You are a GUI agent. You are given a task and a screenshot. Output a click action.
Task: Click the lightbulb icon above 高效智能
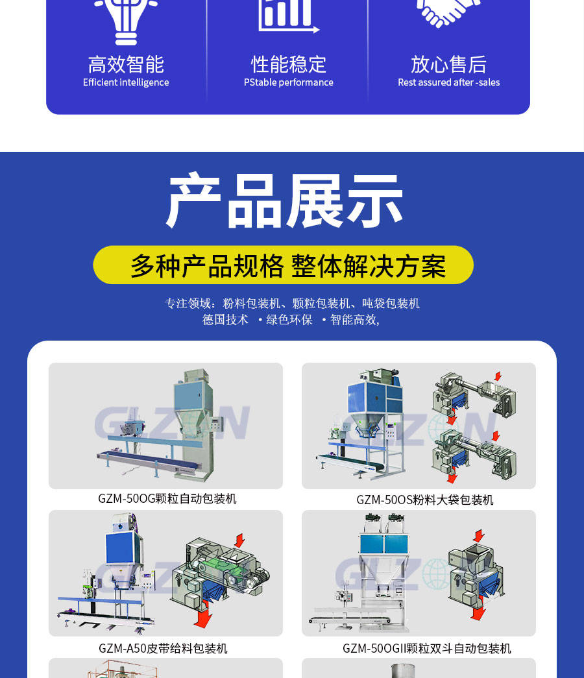click(126, 19)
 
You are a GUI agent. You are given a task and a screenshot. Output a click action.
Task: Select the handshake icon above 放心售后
click(448, 13)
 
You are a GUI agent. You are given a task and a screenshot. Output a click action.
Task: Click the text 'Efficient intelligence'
click(126, 82)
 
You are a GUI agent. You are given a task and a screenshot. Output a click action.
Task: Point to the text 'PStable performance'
click(289, 82)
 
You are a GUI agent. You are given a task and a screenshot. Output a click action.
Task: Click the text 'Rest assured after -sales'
click(448, 82)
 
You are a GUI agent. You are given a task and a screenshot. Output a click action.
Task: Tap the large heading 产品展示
click(285, 200)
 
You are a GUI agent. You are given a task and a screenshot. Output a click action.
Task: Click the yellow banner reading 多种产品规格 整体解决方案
click(284, 265)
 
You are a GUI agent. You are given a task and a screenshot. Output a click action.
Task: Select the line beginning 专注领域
click(292, 303)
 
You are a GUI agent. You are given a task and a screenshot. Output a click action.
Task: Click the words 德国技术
click(225, 320)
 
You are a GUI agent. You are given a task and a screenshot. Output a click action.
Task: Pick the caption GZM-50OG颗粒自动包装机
click(167, 498)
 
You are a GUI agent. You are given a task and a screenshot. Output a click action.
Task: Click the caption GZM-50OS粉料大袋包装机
click(425, 500)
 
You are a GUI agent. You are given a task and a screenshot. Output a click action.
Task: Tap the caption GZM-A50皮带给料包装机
click(163, 648)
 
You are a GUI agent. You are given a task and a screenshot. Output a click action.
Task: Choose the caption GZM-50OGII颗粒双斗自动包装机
click(426, 648)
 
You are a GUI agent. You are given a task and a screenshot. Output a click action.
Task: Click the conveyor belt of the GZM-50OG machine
click(149, 460)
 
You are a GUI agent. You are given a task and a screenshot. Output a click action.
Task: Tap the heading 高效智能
click(126, 64)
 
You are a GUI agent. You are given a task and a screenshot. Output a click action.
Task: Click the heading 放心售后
click(448, 64)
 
